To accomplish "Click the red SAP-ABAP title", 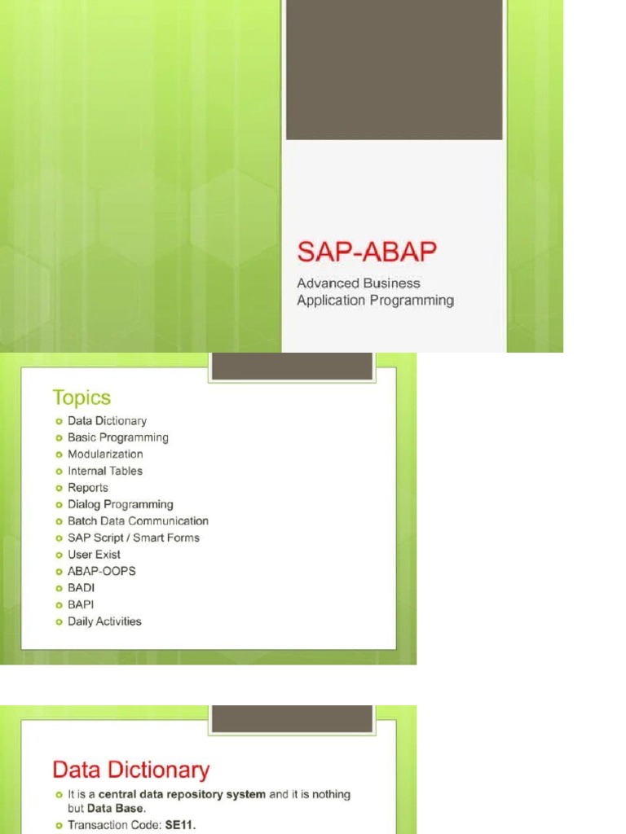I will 367,252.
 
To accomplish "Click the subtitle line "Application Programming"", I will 375,301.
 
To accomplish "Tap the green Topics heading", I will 82,397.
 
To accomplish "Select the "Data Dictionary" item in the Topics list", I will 107,421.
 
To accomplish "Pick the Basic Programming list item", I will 118,437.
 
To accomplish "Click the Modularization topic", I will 105,454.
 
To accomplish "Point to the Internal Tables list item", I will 105,471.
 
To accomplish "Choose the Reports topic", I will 88,488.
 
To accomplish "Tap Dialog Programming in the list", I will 121,504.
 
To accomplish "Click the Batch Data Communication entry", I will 138,521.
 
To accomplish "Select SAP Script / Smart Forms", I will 134,538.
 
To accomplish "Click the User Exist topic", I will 94,555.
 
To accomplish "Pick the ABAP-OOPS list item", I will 102,571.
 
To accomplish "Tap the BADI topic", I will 81,588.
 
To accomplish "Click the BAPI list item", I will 81,604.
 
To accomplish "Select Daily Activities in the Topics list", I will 104,621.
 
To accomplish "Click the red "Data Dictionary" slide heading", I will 131,770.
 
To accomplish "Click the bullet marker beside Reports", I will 59,488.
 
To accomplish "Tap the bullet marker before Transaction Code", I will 59,825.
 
